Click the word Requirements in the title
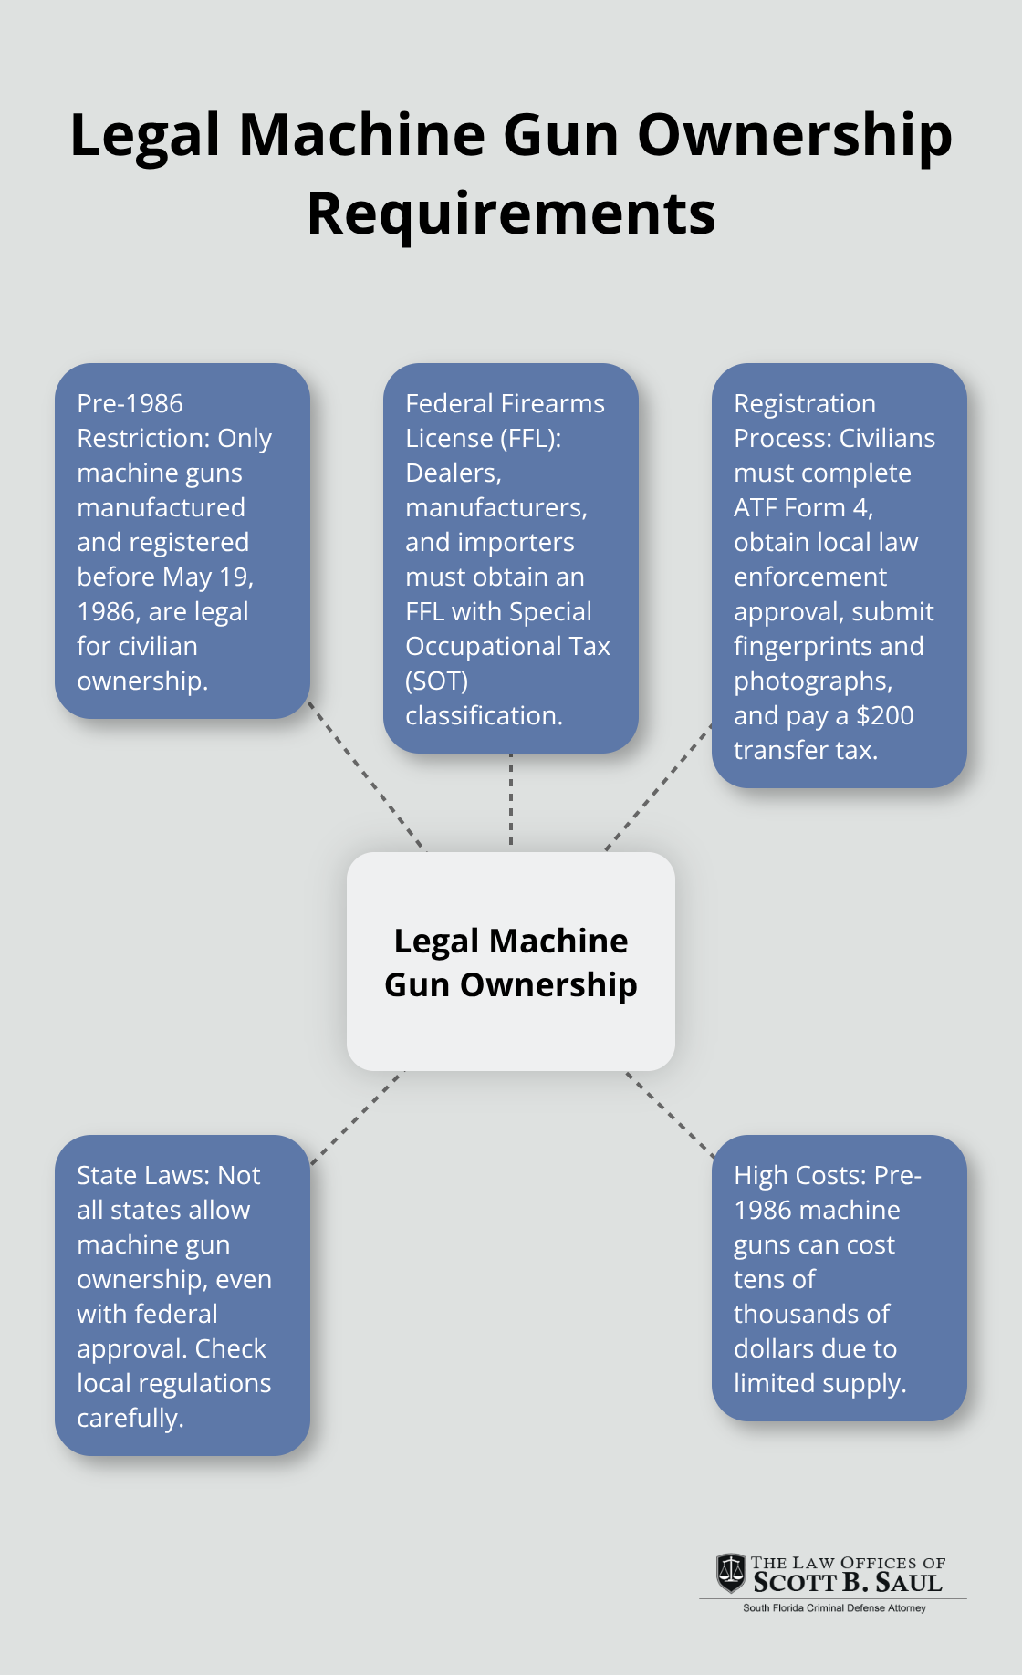pos(511,215)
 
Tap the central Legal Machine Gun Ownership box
pos(511,962)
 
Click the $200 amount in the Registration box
pos(884,715)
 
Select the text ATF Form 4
pos(802,507)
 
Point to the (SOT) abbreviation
pos(436,681)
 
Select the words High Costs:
pos(800,1175)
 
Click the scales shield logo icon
pos(731,1573)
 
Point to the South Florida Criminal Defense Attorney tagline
pos(833,1608)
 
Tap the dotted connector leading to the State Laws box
pos(357,1118)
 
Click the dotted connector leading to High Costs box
pos(670,1114)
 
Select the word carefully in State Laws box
pos(129,1418)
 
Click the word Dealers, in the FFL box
pos(453,473)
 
